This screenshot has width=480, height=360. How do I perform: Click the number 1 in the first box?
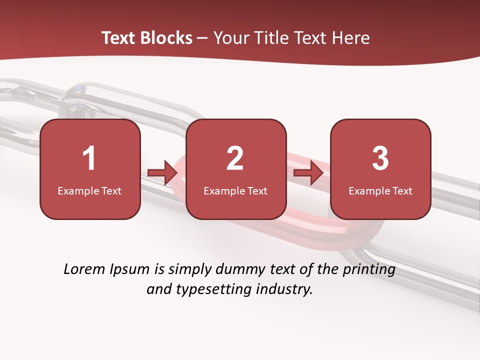tap(89, 158)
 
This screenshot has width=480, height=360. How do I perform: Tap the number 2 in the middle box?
tap(235, 158)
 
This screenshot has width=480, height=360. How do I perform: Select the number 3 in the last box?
tap(380, 158)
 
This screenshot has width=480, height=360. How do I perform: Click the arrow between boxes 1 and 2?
tap(162, 173)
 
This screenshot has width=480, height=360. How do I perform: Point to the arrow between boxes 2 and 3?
tap(308, 173)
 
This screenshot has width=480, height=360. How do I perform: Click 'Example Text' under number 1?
tap(89, 190)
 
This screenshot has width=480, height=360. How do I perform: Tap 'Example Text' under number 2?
tap(235, 190)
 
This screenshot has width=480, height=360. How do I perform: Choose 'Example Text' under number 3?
tap(380, 190)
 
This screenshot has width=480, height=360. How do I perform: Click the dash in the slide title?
tap(202, 38)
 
